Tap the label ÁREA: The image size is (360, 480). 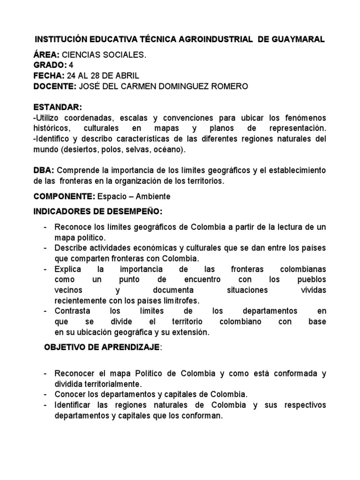pos(46,55)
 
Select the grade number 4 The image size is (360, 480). pos(71,65)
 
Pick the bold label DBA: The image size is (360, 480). pos(44,170)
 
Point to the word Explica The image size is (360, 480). pos(67,269)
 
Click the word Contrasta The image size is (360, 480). pos(71,311)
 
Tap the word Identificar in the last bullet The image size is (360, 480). pos(74,405)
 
